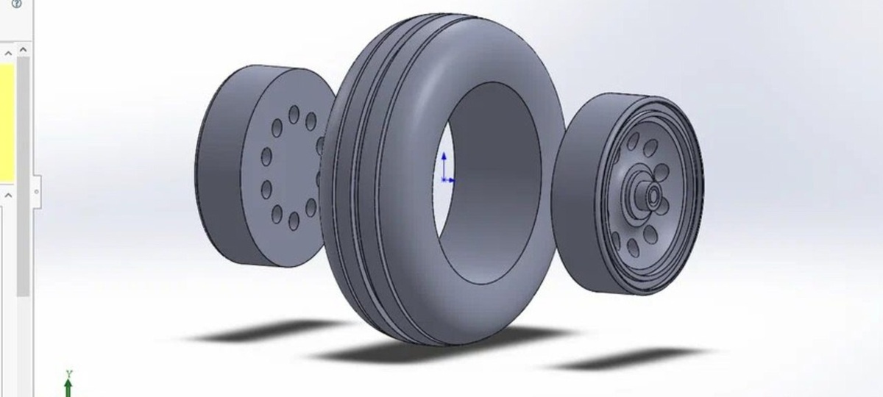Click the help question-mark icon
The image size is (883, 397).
pos(16,4)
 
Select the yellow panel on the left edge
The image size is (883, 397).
pos(7,124)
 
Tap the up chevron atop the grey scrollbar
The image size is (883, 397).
pos(23,50)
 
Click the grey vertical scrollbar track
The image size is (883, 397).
pos(23,176)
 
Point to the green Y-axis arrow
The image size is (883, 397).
pos(68,387)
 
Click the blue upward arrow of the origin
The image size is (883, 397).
pos(444,166)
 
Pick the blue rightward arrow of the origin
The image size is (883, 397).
pos(449,180)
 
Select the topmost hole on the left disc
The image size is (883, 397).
pos(294,115)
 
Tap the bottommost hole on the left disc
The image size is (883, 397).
pos(294,221)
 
